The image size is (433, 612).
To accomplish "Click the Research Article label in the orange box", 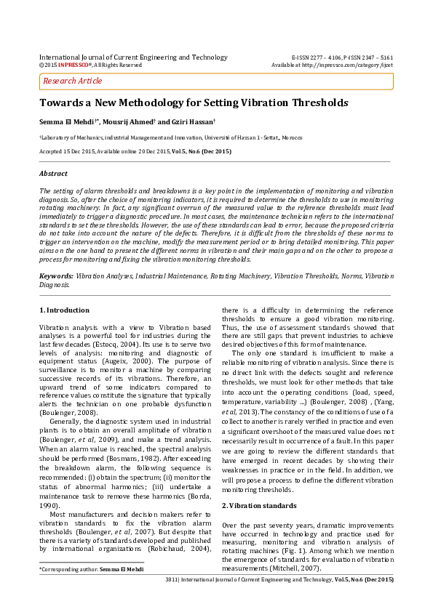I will [72, 81].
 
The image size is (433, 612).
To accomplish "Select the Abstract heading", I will [53, 174].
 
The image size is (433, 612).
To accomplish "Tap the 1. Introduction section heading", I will [64, 310].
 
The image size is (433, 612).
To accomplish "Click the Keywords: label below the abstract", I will [55, 277].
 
